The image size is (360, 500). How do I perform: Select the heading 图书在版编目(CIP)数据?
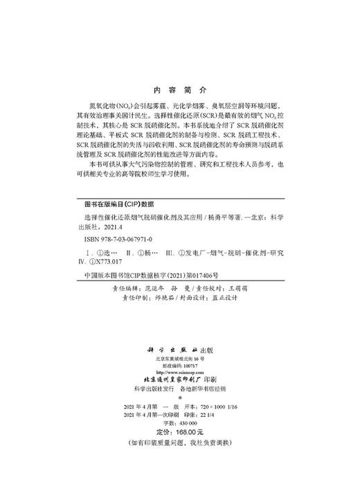(117, 206)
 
